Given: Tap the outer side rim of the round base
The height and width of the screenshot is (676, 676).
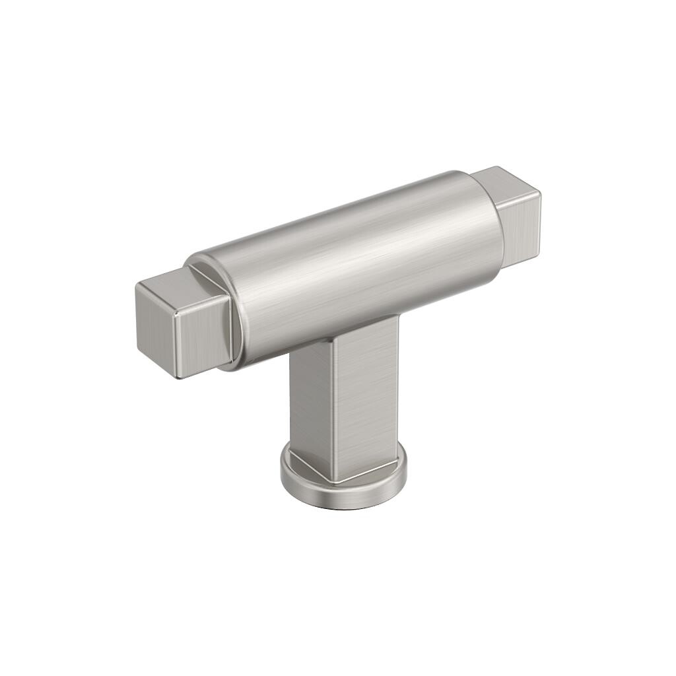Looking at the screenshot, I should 343,498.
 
